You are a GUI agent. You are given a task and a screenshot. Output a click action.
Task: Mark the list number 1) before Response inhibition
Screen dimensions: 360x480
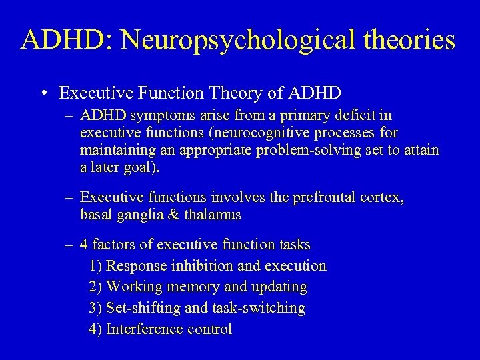click(95, 265)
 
